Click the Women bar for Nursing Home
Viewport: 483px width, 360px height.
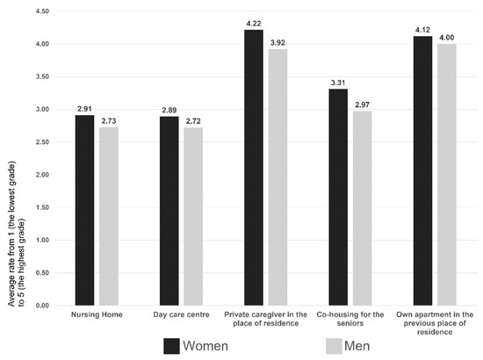coord(84,211)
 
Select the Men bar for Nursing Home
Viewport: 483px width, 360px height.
coord(109,216)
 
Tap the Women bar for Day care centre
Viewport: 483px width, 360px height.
coord(169,211)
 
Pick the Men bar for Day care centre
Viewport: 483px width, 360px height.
coord(193,217)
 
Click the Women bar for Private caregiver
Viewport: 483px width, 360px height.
coord(254,168)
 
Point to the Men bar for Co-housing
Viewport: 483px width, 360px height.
coord(362,208)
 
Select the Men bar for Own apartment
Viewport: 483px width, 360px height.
coord(447,175)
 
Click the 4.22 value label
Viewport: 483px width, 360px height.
coord(254,24)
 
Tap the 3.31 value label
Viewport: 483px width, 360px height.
coord(338,83)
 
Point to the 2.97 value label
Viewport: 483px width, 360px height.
coord(362,105)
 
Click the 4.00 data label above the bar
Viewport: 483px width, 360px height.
coord(446,38)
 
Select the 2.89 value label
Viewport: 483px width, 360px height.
coord(169,111)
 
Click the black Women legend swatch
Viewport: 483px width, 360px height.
coord(171,346)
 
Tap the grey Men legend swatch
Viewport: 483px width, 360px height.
coord(334,346)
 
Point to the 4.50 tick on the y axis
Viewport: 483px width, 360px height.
coord(42,11)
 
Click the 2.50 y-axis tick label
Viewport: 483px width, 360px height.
coord(42,142)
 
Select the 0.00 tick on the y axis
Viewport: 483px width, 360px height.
coord(42,306)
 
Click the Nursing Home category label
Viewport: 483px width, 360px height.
coord(97,314)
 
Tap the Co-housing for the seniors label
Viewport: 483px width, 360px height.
coord(350,319)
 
